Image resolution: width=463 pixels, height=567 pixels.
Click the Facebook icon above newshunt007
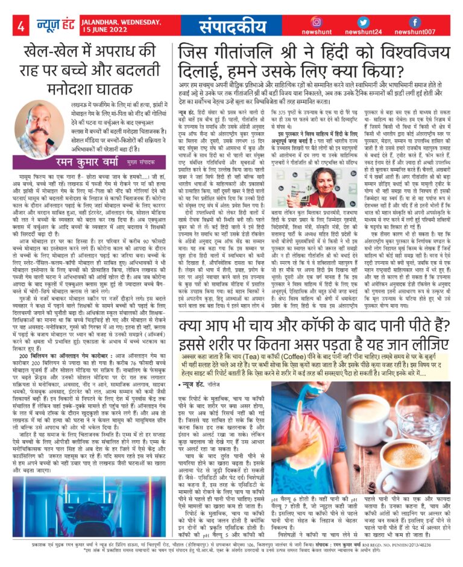[x=414, y=22]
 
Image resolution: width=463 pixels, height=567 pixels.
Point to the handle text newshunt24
[x=363, y=31]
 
